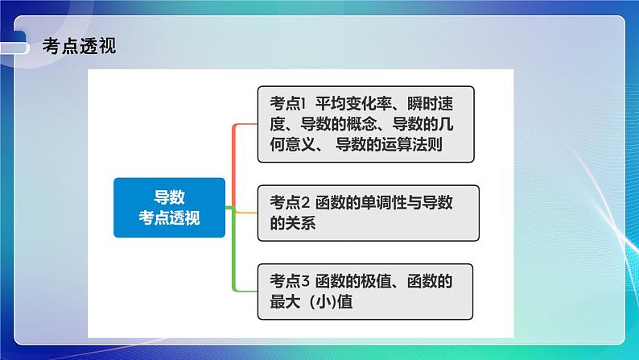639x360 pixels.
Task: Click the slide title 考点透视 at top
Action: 78,46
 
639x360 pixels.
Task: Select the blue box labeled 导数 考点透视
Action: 169,207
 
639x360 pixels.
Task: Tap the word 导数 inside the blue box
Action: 169,197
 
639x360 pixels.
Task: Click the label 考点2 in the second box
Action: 290,203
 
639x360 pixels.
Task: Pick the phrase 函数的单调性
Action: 364,203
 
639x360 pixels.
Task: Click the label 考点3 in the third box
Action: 290,282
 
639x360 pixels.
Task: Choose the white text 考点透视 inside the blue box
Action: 169,217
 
